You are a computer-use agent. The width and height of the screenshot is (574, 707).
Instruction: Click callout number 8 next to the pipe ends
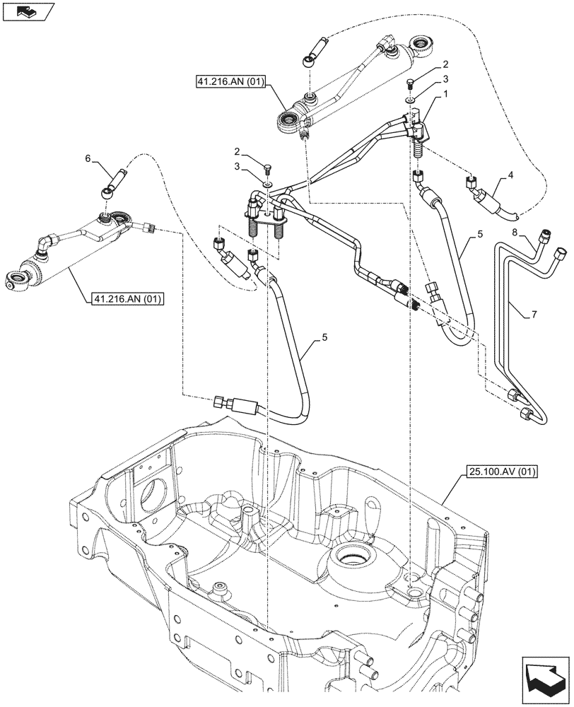515,231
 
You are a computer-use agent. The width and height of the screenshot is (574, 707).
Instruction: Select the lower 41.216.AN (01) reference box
127,299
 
